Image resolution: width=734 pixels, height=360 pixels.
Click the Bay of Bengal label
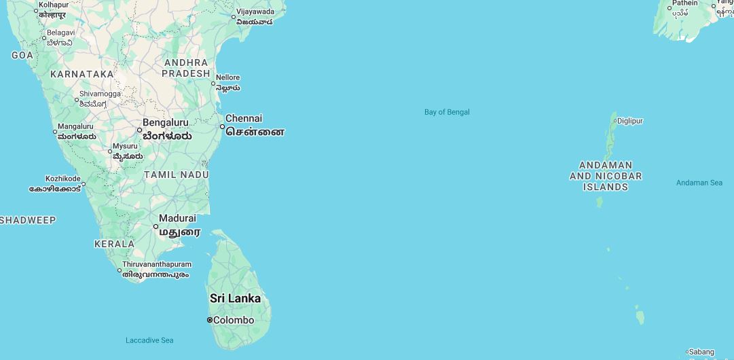447,112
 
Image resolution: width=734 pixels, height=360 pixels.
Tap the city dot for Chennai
222,126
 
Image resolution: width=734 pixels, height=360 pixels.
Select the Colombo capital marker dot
210,320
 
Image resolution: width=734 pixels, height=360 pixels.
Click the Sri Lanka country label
235,298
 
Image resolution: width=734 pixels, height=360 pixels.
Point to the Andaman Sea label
699,183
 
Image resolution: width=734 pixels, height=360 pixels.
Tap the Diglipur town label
629,121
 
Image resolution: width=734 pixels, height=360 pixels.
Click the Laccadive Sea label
149,340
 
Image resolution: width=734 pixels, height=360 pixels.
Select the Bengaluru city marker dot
140,130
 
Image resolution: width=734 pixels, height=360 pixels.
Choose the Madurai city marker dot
155,226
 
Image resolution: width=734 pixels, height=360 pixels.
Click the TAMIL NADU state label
176,175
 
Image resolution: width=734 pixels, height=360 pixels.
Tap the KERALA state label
114,243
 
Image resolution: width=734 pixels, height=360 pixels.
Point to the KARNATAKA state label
82,74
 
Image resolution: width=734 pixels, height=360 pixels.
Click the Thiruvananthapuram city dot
120,270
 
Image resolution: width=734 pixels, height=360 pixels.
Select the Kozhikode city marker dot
84,184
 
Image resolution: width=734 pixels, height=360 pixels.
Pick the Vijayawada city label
255,12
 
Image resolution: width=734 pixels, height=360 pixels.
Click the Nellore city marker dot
213,84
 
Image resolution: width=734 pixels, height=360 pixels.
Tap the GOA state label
22,55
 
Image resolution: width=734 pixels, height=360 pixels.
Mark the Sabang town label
702,352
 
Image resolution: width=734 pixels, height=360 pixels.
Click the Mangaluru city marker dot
55,132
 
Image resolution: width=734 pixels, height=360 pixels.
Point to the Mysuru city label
125,146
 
